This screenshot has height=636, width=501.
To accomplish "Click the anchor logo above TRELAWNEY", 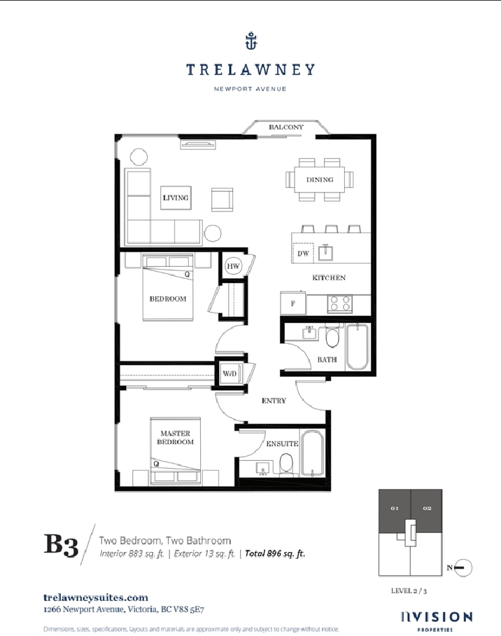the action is tap(251, 41).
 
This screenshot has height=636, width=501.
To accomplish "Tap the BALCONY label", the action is tap(285, 127).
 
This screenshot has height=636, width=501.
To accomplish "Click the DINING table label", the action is tap(320, 179).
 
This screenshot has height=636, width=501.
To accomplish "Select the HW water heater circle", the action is tap(233, 266).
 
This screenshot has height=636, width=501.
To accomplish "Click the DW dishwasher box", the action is tap(303, 253).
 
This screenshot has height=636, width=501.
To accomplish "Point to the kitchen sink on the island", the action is tap(325, 252).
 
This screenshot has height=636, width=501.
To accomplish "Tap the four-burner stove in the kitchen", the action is tap(339, 304).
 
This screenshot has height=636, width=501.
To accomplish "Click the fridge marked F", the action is tap(293, 303).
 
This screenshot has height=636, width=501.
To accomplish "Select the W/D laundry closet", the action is tap(230, 373).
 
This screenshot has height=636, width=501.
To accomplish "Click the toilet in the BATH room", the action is tap(332, 336).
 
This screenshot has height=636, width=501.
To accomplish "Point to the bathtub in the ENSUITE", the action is tap(312, 453).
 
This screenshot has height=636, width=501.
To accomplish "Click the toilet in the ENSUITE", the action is tap(287, 464).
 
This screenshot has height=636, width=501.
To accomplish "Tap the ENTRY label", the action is tap(274, 401).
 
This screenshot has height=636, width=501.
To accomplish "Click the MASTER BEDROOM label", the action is tap(175, 438).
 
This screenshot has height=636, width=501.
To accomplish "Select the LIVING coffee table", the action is tap(176, 198).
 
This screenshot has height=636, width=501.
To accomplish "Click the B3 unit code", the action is tap(61, 545).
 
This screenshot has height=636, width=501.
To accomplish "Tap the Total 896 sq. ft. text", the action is tap(275, 553).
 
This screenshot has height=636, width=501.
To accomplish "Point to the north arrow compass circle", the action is tap(464, 568).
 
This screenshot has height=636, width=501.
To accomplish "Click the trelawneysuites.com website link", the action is tap(96, 597).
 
